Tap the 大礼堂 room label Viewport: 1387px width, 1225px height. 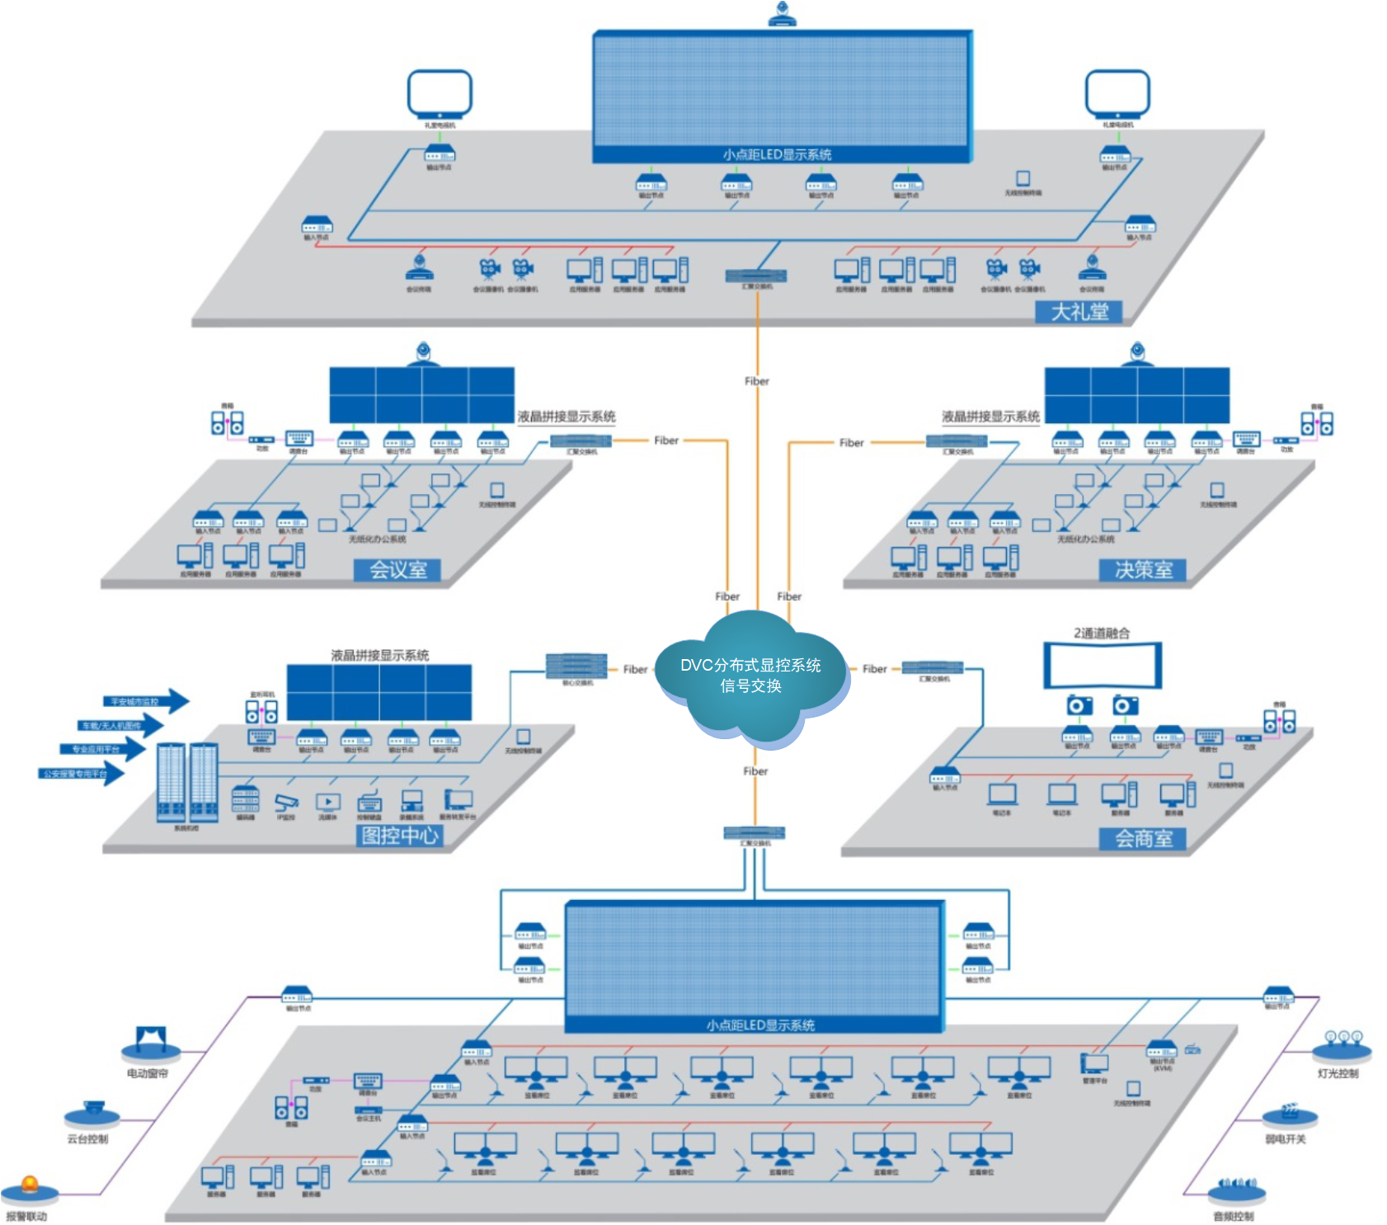tap(1079, 312)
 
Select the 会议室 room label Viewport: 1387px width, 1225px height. tap(397, 569)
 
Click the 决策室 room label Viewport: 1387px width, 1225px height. tap(1143, 569)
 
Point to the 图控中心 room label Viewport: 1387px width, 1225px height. tap(400, 836)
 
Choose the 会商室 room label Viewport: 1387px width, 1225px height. tap(1143, 839)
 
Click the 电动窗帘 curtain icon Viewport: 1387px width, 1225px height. tap(150, 1044)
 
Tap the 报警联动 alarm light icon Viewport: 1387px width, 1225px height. tap(30, 1189)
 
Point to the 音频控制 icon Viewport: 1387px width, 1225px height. tap(1236, 1189)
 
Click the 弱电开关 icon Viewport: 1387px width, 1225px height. tap(1289, 1114)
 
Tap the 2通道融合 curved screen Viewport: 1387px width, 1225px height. tap(1103, 665)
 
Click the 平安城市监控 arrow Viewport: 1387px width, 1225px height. tap(144, 702)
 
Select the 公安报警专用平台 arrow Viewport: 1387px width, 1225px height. tap(82, 774)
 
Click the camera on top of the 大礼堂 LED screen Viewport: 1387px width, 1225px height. tap(782, 14)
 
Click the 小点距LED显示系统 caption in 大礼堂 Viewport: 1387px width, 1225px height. tap(777, 154)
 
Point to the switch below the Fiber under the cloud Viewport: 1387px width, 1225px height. tap(754, 832)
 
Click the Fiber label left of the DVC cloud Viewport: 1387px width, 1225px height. tap(635, 669)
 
